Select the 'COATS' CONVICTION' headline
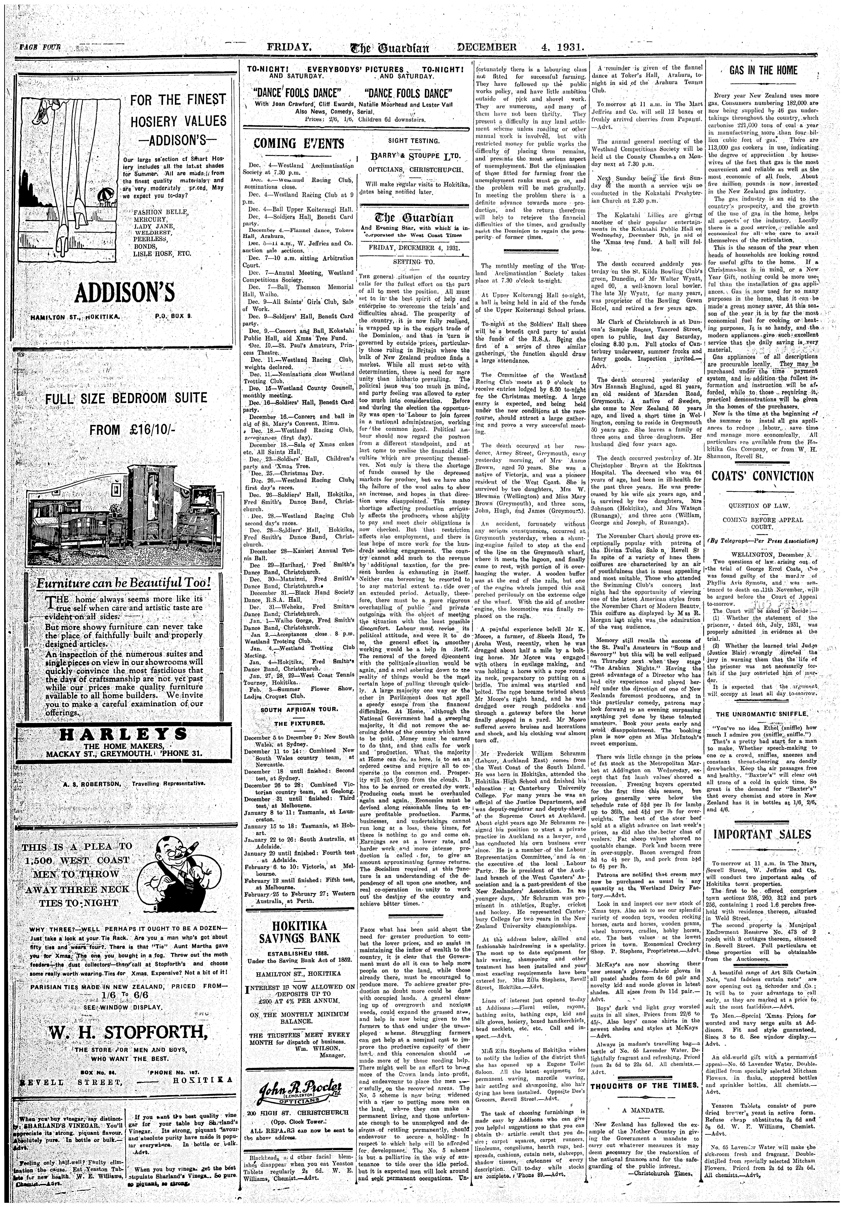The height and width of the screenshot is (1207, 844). (x=763, y=476)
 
